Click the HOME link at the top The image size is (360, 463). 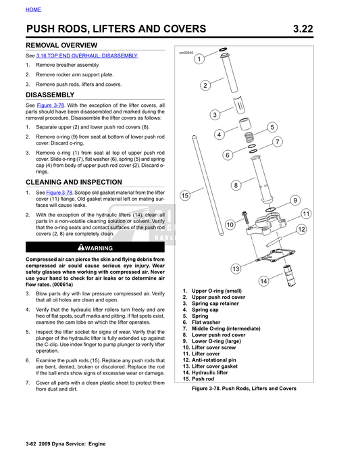[x=33, y=9]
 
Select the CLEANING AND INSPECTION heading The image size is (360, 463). [x=74, y=182]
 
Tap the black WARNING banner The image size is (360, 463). [x=95, y=248]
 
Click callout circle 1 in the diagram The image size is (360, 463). [x=199, y=59]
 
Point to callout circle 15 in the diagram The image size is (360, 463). [x=185, y=195]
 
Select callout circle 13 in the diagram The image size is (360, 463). [x=236, y=268]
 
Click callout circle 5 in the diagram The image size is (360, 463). [x=272, y=127]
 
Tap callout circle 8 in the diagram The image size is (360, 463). [x=236, y=185]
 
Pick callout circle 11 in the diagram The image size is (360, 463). [x=305, y=214]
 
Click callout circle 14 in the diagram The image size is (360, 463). [x=263, y=281]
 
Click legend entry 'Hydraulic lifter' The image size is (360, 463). [x=209, y=372]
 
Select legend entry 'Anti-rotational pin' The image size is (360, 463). [x=215, y=360]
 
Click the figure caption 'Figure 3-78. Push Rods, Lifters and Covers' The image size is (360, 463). [x=244, y=389]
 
